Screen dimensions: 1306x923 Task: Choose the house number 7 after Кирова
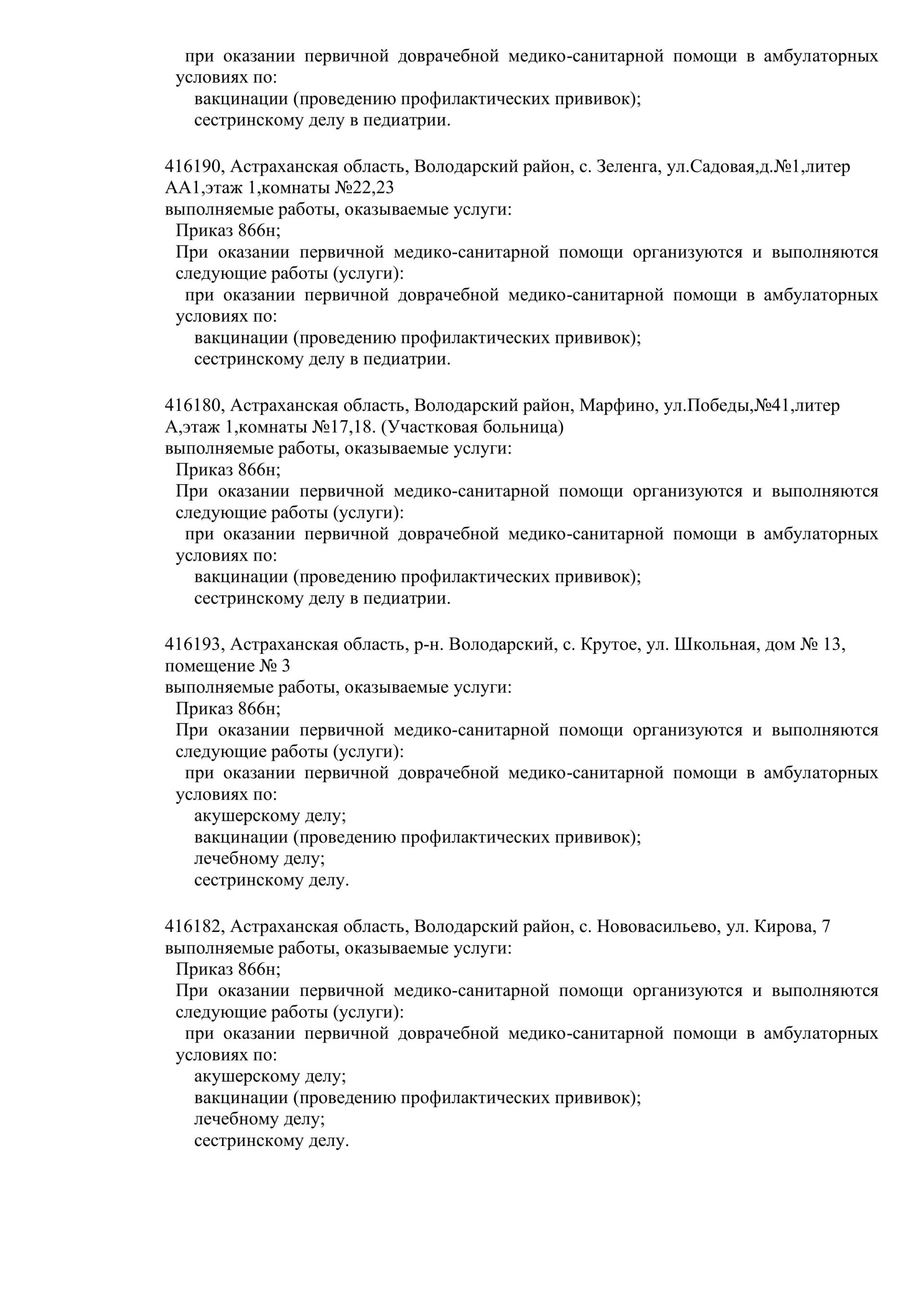[826, 927]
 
